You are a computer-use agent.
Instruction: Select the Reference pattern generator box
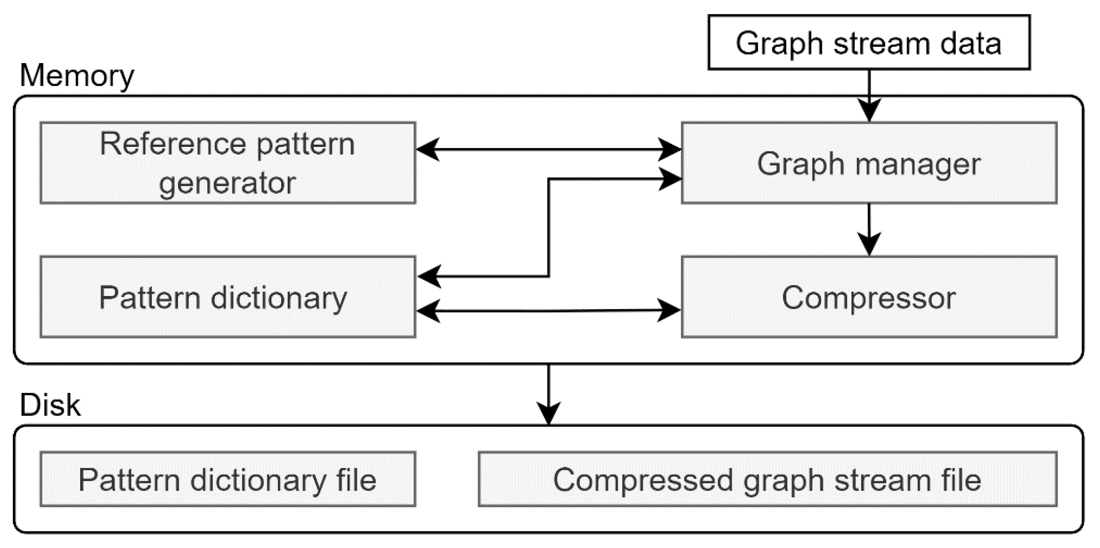228,163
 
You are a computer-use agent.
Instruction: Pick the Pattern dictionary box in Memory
228,297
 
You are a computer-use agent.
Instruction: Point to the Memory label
77,75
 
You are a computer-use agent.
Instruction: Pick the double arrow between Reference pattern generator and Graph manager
548,149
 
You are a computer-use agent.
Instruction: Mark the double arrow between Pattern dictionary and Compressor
548,311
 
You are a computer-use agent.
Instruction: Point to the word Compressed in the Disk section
643,480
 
